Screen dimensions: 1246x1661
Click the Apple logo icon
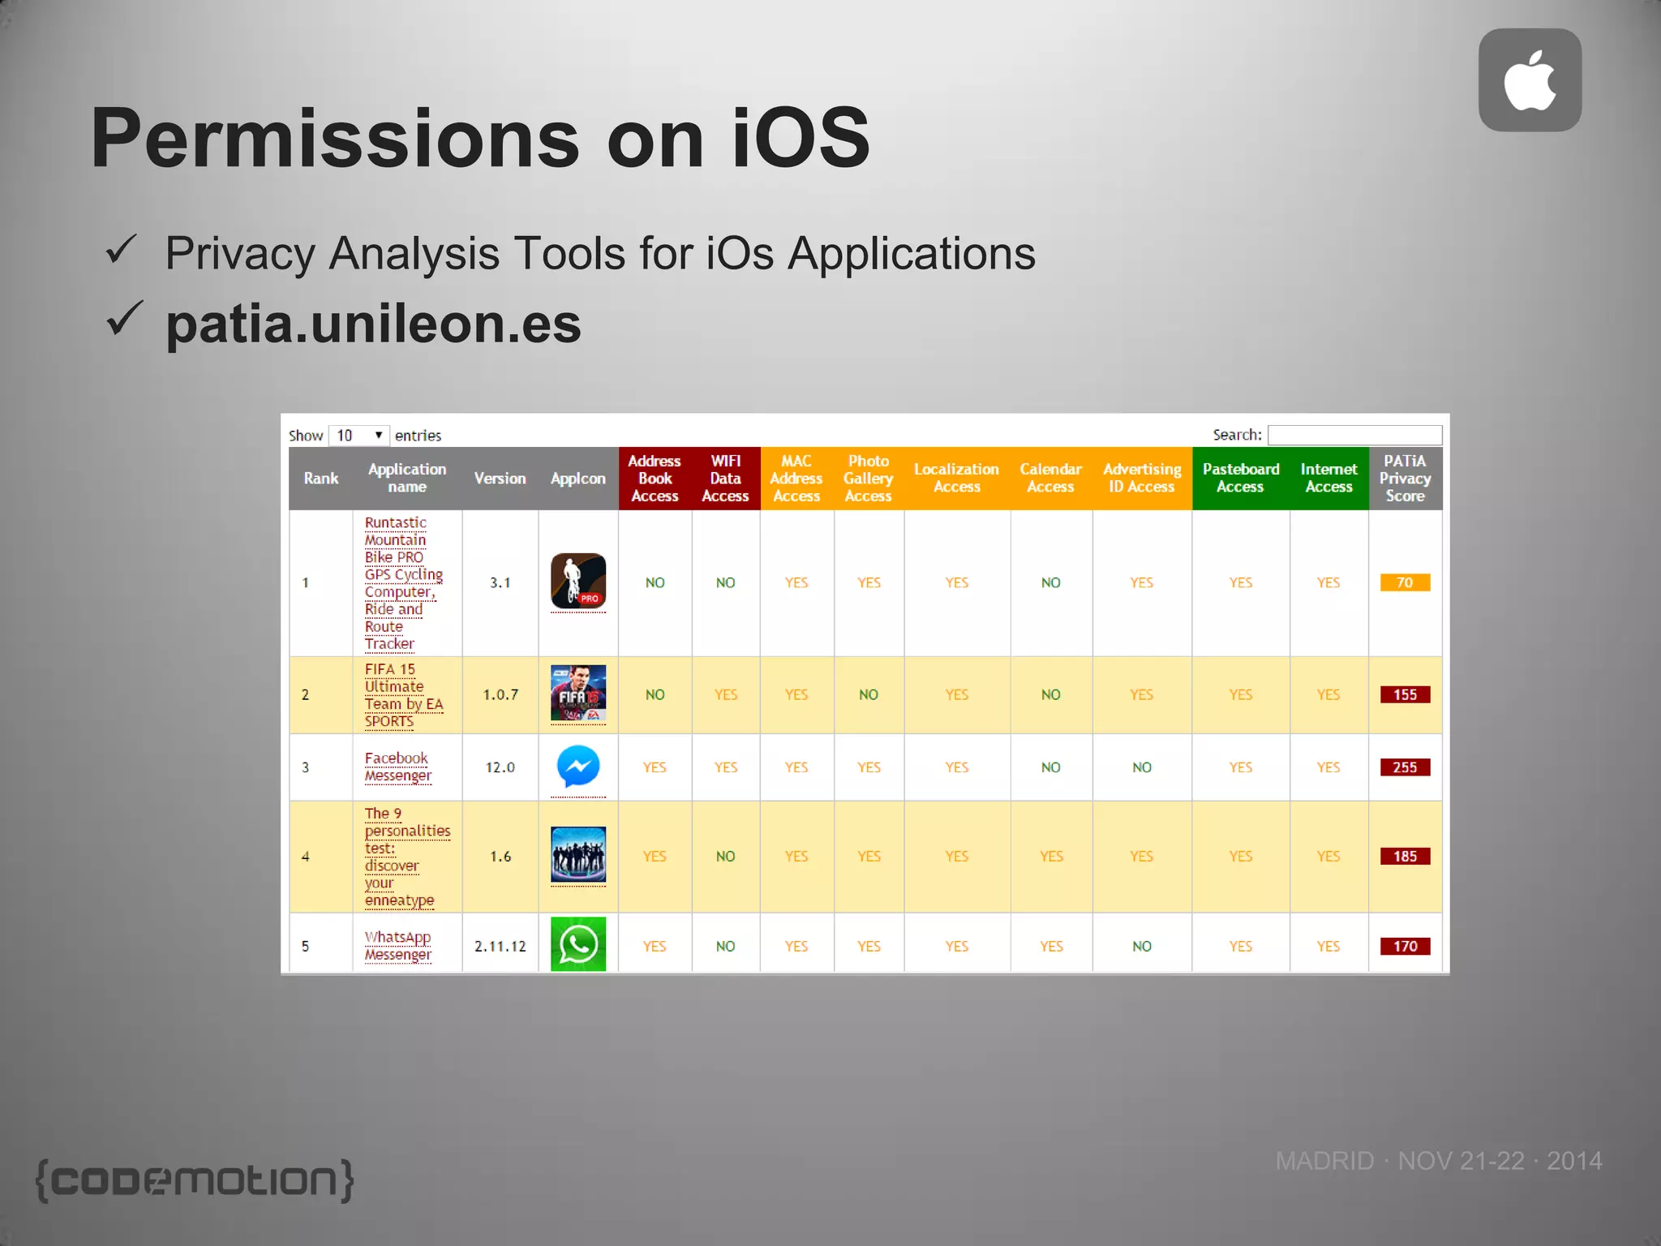point(1530,80)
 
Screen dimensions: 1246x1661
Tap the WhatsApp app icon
point(578,944)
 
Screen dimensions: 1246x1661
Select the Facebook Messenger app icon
point(578,767)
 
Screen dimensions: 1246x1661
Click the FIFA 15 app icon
point(578,694)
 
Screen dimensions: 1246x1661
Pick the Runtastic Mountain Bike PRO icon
point(578,581)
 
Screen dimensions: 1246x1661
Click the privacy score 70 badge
point(1405,582)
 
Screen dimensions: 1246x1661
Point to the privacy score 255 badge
point(1405,767)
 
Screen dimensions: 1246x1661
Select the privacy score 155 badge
point(1405,694)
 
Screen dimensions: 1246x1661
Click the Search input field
point(1354,435)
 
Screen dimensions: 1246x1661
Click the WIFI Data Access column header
point(725,479)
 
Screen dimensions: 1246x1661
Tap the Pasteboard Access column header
point(1240,479)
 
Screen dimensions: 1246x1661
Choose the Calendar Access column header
point(1050,479)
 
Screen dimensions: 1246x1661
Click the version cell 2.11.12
point(500,946)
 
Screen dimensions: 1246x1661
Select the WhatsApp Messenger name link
point(398,946)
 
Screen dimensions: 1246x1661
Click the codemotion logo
point(195,1179)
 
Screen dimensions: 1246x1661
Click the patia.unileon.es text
point(373,324)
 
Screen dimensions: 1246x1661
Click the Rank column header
point(321,479)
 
